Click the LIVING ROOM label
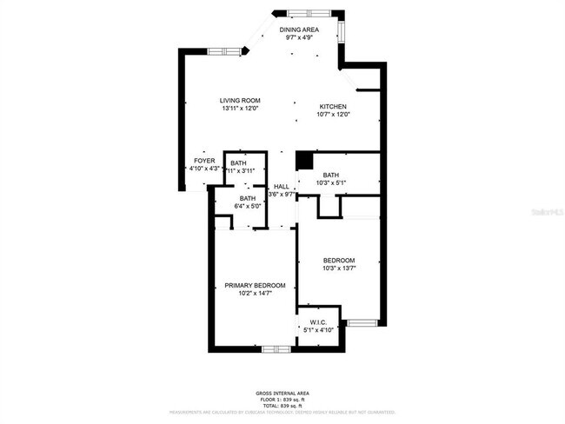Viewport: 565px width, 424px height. click(x=240, y=101)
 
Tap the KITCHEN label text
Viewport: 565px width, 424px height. click(x=333, y=106)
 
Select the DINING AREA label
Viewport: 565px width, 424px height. click(x=299, y=30)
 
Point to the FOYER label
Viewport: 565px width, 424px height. click(x=204, y=161)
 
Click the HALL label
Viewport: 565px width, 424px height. click(x=282, y=187)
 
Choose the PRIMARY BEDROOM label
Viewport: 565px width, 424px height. click(x=255, y=286)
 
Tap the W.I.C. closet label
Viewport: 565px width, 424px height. click(x=318, y=322)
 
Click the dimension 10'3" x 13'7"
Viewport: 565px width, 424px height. click(x=339, y=268)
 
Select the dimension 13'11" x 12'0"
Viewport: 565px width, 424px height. click(x=240, y=109)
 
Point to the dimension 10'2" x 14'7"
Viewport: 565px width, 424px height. click(x=255, y=294)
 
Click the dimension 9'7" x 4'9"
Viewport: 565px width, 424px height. click(x=299, y=38)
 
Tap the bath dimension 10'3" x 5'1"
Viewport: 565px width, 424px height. click(x=330, y=183)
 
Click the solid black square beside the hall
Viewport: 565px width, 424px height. click(x=303, y=161)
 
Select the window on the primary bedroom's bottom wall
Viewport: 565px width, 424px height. click(x=276, y=349)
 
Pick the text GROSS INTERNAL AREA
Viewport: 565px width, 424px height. click(x=281, y=394)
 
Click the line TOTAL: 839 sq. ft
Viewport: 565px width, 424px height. click(x=281, y=406)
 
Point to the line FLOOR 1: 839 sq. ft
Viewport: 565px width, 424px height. click(x=281, y=400)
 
